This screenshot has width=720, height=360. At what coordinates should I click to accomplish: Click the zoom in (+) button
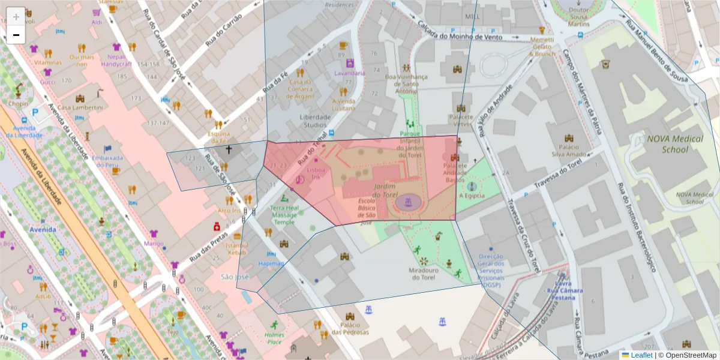tap(16, 16)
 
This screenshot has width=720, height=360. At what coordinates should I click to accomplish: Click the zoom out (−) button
tap(16, 35)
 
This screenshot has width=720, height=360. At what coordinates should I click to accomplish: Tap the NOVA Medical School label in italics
tap(674, 143)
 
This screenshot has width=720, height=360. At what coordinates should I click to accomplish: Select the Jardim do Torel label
tap(385, 191)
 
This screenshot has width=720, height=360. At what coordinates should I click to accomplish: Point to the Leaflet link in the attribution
tap(641, 355)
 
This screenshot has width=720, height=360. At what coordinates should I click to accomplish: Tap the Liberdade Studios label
tap(315, 121)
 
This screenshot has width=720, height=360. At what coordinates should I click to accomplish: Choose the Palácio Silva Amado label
tap(568, 150)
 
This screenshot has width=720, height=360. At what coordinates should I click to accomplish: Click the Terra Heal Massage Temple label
tap(284, 215)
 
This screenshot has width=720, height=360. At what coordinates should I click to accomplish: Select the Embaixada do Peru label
tap(107, 161)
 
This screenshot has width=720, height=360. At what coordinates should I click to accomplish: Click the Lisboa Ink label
tap(316, 173)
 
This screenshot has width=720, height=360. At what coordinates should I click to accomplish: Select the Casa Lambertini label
tap(80, 107)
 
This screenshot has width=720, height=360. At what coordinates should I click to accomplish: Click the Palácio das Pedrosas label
tap(350, 328)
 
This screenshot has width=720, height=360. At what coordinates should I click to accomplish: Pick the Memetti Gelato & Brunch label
tap(542, 46)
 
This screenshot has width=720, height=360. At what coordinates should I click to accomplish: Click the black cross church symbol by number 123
tap(228, 148)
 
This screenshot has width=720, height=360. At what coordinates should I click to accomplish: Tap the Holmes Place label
tap(274, 338)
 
